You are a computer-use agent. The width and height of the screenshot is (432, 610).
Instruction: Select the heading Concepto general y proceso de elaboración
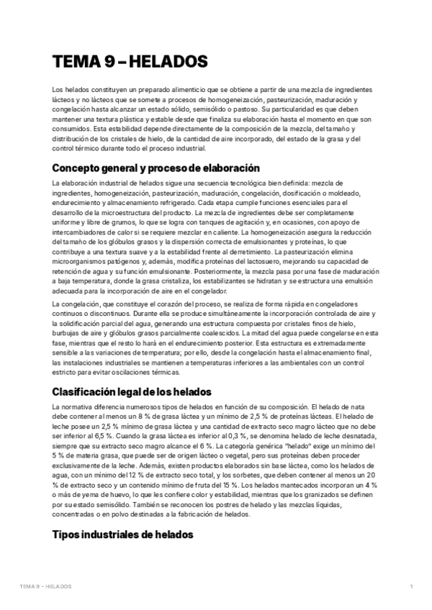pos(156,168)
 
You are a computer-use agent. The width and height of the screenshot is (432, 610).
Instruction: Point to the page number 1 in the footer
pos(410,587)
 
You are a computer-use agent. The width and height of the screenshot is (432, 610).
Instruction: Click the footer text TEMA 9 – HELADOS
pos(46,587)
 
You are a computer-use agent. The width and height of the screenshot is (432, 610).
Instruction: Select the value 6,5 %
pos(102,437)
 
